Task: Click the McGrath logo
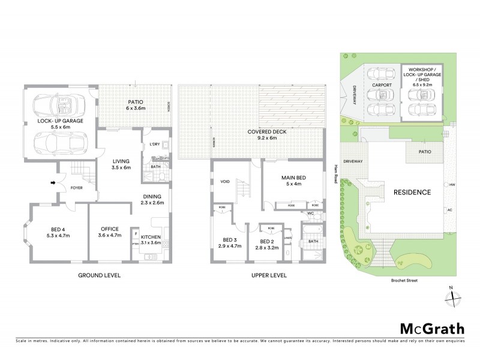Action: pos(432,328)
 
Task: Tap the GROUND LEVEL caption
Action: pos(100,275)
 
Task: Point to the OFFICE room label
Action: pos(109,232)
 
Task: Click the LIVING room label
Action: pos(121,164)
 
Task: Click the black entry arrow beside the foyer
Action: pos(52,182)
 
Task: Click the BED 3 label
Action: pos(229,242)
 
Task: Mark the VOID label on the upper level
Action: pos(226,181)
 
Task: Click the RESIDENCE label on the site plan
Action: pos(412,193)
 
